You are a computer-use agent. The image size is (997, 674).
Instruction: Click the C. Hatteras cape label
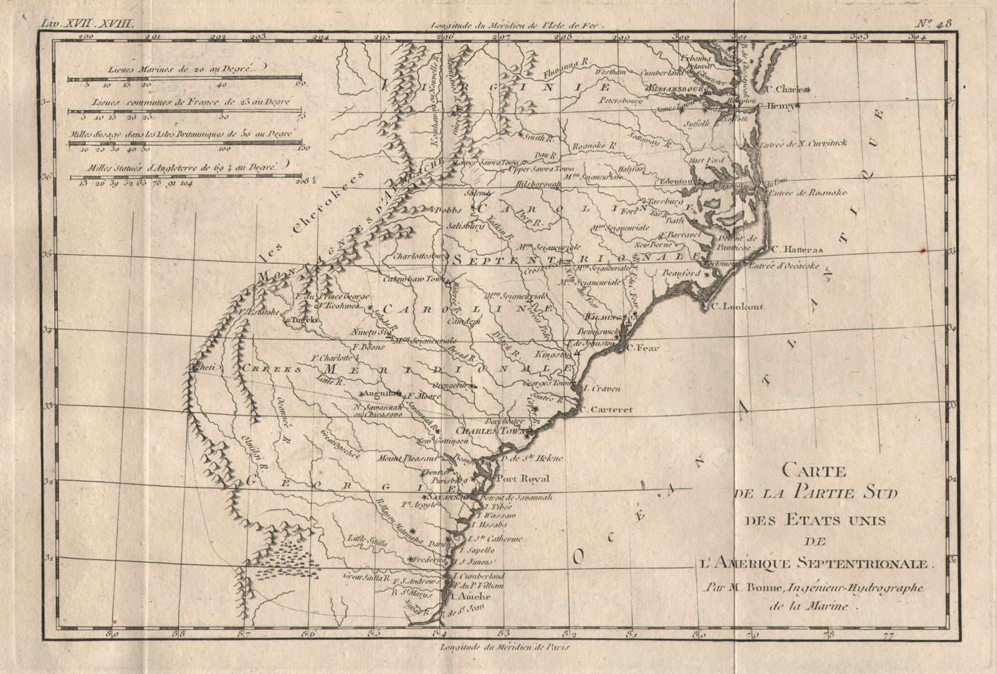(797, 250)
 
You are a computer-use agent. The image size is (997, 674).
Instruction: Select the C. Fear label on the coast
(642, 348)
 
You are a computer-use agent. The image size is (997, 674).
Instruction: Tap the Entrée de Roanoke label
(808, 193)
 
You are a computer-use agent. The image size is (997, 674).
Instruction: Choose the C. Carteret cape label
(606, 410)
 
